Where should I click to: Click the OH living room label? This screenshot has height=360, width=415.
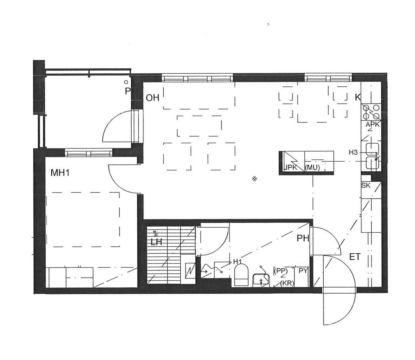pos(152,98)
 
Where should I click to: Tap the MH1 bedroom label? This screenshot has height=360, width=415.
pos(60,173)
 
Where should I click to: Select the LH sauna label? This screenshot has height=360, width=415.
pos(156,242)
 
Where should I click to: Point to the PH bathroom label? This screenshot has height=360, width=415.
pos(303,238)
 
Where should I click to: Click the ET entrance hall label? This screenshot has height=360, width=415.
pos(355,257)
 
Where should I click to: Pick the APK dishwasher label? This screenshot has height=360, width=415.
pos(373,125)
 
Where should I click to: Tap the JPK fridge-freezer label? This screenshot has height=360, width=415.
pos(290,167)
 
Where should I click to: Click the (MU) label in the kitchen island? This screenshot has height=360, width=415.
pos(312,167)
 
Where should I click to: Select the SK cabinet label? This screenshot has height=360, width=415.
pos(366,185)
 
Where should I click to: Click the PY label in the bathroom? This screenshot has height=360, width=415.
pos(303,271)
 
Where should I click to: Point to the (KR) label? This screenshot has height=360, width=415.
pos(287,283)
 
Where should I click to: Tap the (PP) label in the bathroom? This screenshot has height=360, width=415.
pos(281,271)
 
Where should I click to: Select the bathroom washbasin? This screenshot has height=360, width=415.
pos(261,280)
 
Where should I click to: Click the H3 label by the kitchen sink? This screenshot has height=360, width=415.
pos(353,152)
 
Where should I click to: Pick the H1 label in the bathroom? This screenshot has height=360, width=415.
pos(237,261)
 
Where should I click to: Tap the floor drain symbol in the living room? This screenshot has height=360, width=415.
pos(254,179)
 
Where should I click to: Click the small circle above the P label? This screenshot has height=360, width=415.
pos(126,82)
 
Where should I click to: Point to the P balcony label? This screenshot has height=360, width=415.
pos(128,91)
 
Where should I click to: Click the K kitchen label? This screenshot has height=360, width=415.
pos(358,97)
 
